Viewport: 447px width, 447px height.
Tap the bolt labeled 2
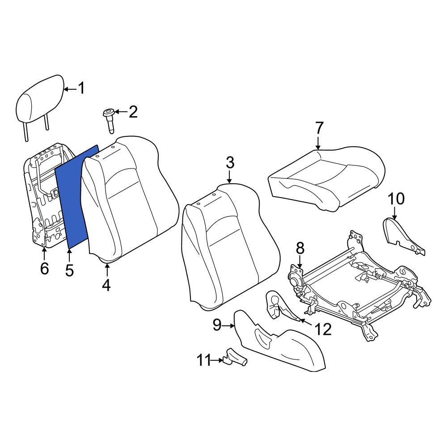coord(109,120)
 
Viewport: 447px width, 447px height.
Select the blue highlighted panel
coord(77,197)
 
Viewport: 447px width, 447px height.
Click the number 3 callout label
coord(230,163)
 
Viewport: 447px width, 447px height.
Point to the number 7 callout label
coord(319,128)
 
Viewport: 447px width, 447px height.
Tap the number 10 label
coord(396,198)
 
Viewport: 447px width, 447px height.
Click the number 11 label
coord(203,360)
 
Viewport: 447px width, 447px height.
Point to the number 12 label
coord(323,329)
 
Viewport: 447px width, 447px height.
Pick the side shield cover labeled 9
coord(279,341)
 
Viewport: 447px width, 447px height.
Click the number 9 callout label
coord(217,325)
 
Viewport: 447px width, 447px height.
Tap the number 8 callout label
coord(300,248)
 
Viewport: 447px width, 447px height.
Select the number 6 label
coord(44,269)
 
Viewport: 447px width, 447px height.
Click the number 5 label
coord(69,270)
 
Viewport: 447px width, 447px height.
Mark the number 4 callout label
coord(106,285)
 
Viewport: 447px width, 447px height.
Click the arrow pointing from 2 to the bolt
coord(121,112)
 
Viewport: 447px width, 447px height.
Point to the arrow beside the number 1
coord(71,89)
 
